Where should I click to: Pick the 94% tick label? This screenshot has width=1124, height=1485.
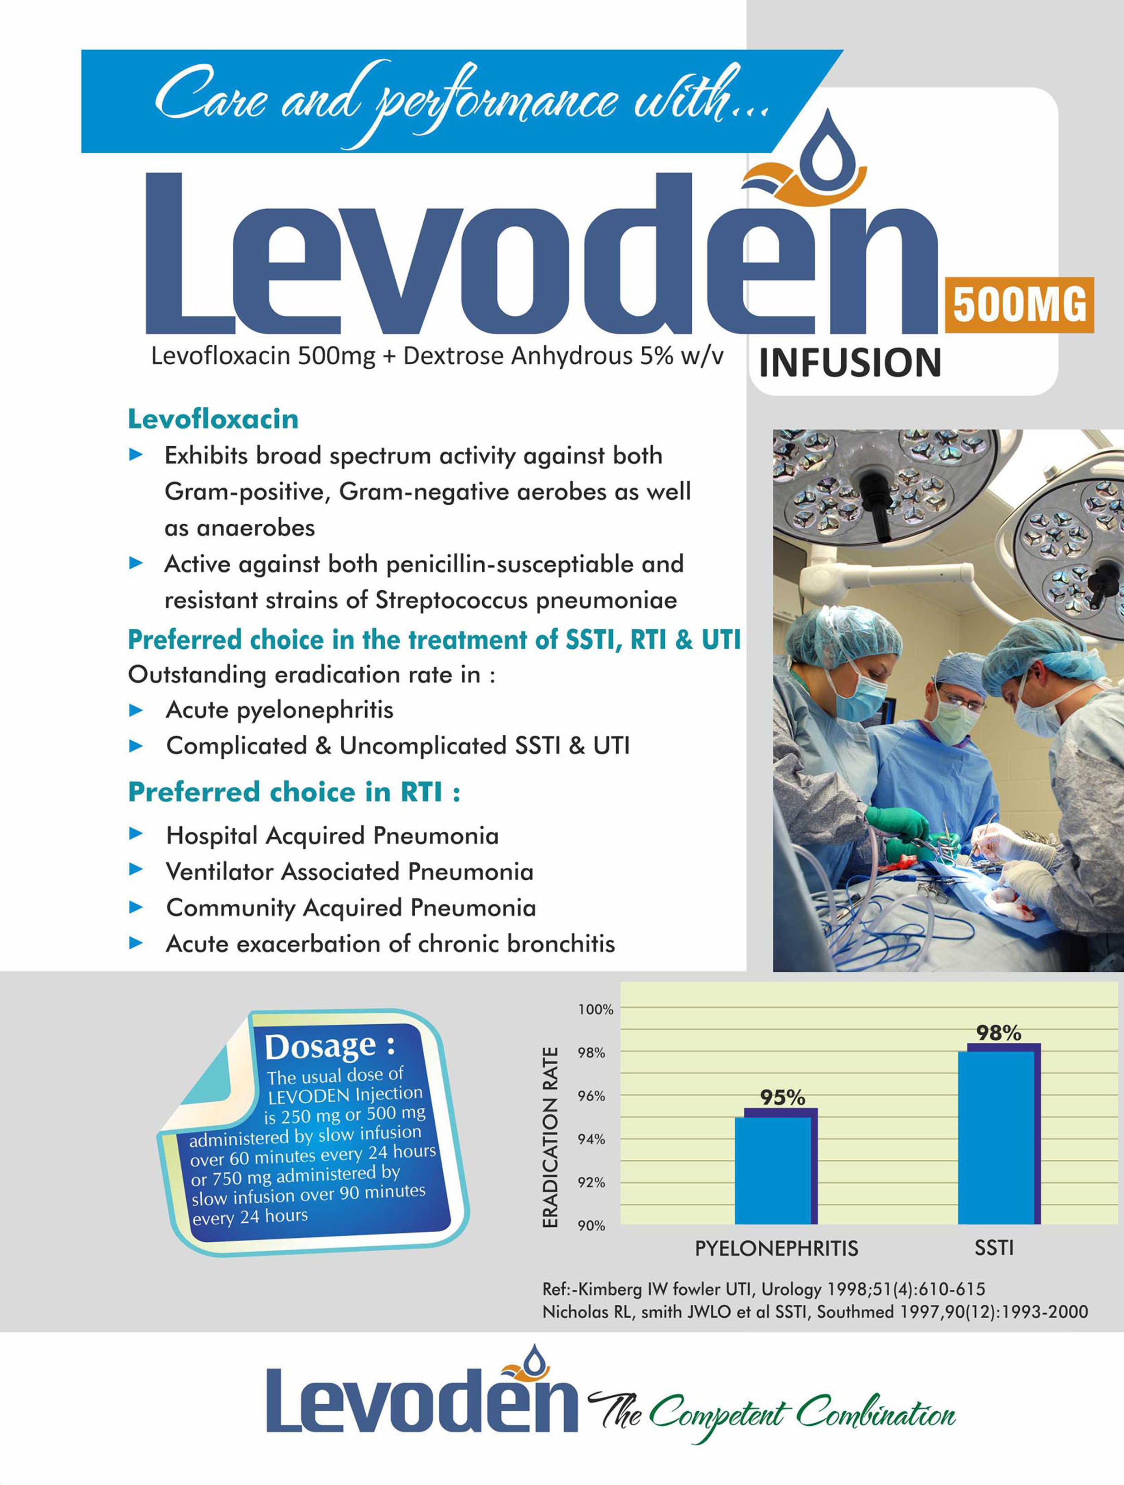tap(591, 1139)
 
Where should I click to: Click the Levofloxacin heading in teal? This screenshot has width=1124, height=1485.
tap(213, 419)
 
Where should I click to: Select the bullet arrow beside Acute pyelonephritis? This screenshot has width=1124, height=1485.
tap(136, 709)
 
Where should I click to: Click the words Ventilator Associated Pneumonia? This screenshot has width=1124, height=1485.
tap(349, 872)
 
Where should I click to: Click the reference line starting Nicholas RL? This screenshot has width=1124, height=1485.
tap(814, 1311)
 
